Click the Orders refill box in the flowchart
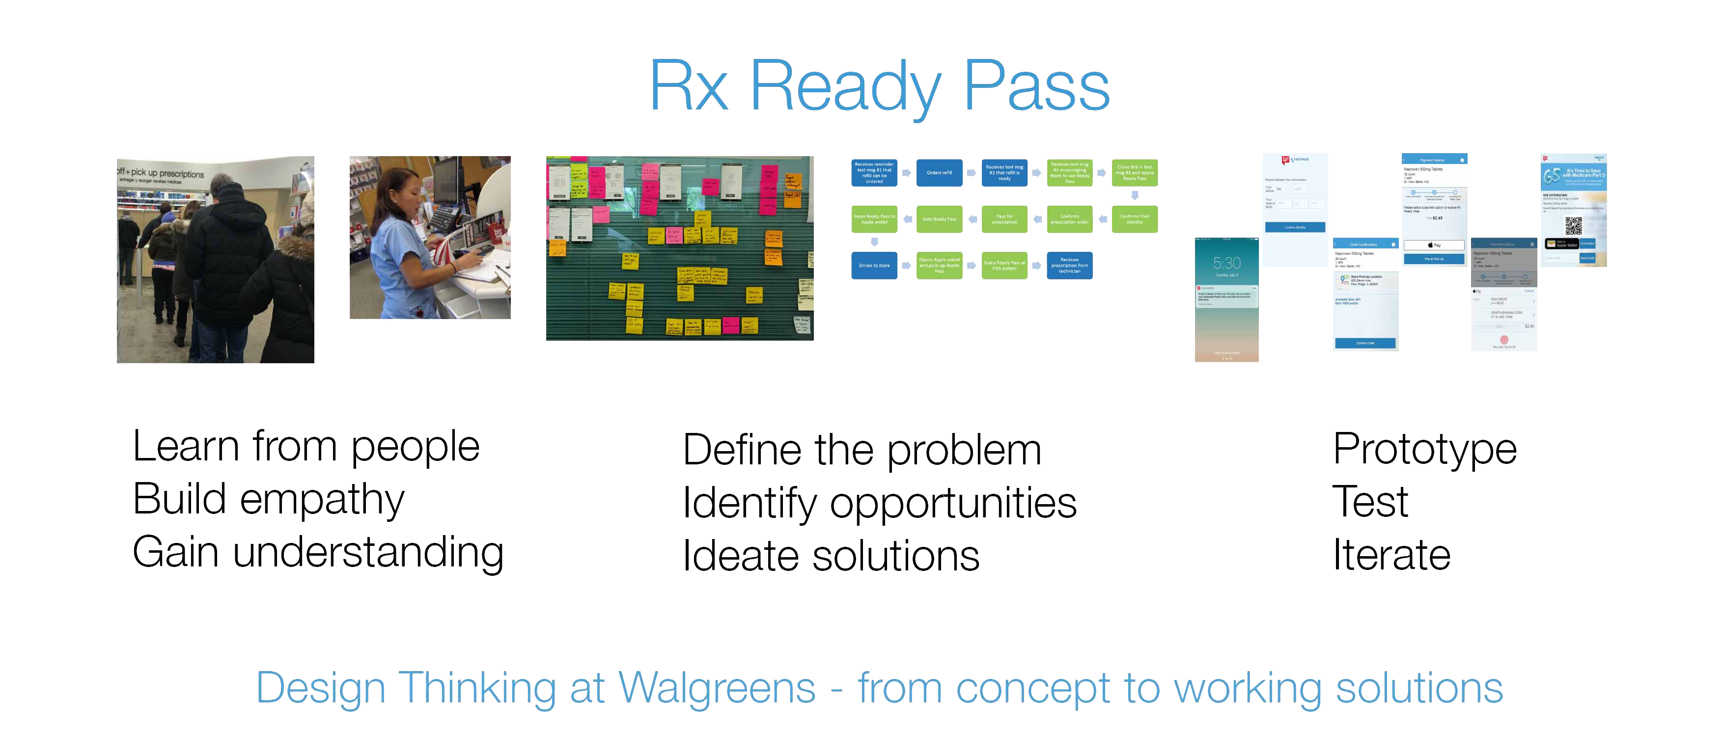tap(939, 173)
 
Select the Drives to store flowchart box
tap(874, 266)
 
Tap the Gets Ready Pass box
tap(939, 219)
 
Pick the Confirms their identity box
tap(1135, 219)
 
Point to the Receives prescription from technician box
tap(1069, 266)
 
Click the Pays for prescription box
tap(1004, 219)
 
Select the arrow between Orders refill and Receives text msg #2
tap(971, 173)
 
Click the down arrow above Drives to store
tap(874, 242)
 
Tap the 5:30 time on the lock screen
tap(1227, 263)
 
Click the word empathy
tap(322, 500)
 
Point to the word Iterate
tap(1390, 555)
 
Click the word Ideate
tap(740, 556)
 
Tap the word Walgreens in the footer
tap(716, 688)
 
